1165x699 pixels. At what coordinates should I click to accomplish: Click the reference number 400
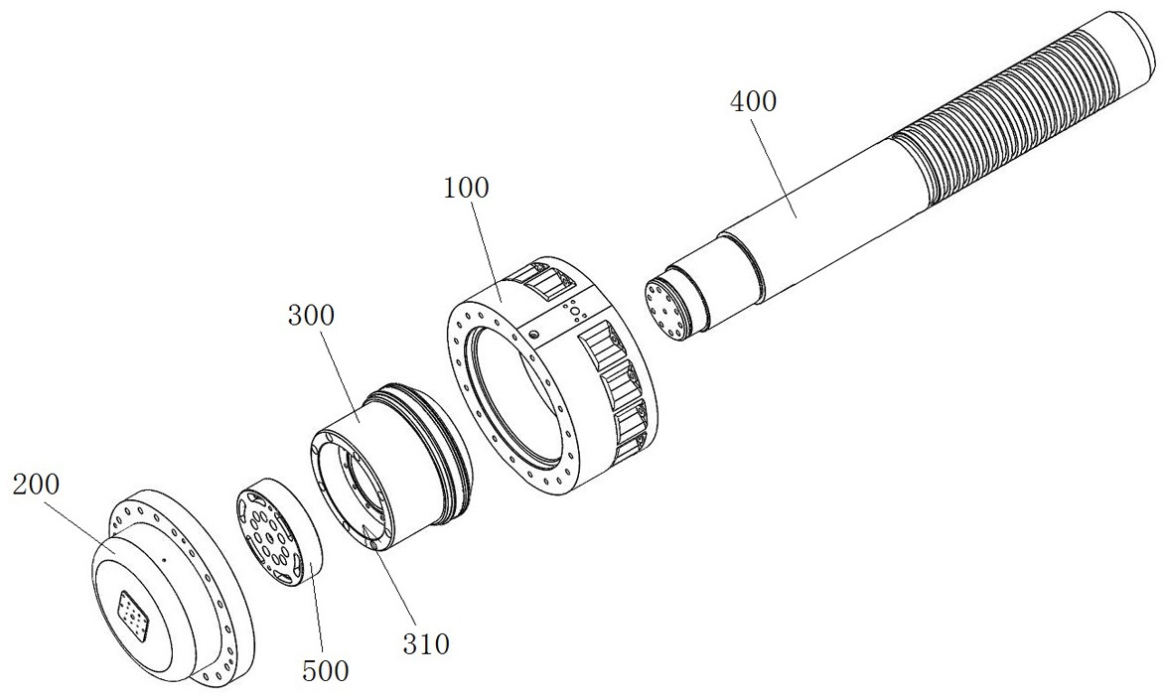pyautogui.click(x=754, y=101)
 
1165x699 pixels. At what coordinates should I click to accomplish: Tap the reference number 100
pyautogui.click(x=467, y=188)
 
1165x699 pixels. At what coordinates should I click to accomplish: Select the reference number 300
pyautogui.click(x=311, y=316)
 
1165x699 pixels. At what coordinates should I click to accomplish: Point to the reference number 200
pyautogui.click(x=37, y=485)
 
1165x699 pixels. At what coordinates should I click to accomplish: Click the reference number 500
pyautogui.click(x=326, y=671)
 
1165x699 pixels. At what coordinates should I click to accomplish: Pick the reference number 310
pyautogui.click(x=426, y=643)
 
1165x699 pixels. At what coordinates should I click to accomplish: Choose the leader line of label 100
pyautogui.click(x=486, y=250)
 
